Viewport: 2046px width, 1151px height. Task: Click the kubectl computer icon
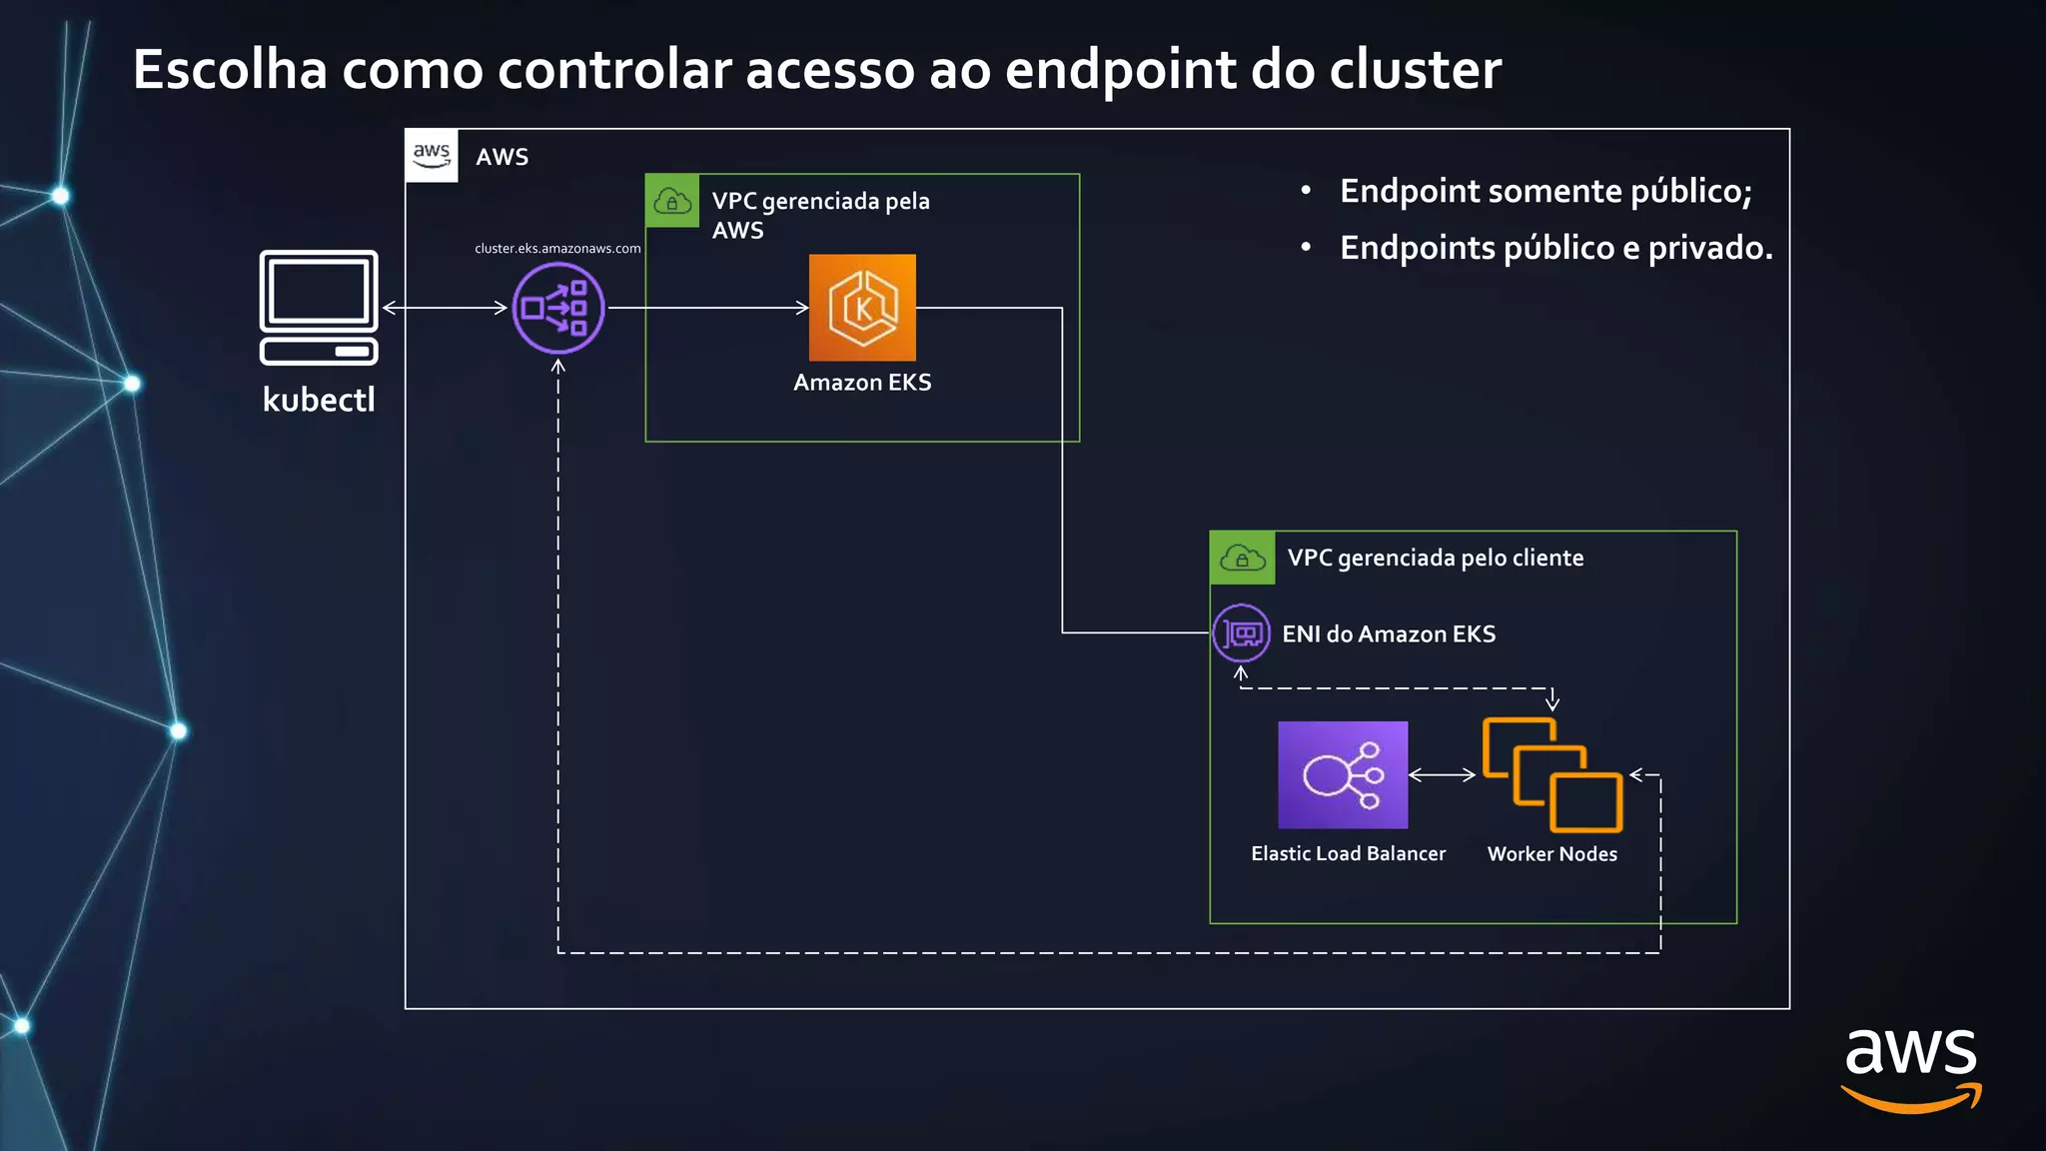pyautogui.click(x=319, y=307)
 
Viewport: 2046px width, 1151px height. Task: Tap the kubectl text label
pyautogui.click(x=319, y=400)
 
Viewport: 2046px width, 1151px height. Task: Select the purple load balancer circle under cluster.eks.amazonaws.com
pyautogui.click(x=558, y=308)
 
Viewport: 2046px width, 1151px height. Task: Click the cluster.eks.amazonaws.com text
pyautogui.click(x=557, y=248)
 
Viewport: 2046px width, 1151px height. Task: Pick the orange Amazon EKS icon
pyautogui.click(x=862, y=308)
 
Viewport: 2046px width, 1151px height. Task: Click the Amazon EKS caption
pyautogui.click(x=862, y=383)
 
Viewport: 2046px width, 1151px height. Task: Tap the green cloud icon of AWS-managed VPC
pyautogui.click(x=672, y=202)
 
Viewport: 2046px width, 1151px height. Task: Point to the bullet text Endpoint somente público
pyautogui.click(x=1545, y=191)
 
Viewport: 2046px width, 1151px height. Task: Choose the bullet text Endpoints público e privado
pyautogui.click(x=1555, y=248)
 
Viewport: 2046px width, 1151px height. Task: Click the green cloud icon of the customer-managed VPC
pyautogui.click(x=1242, y=558)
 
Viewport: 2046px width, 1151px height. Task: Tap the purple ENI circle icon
pyautogui.click(x=1242, y=633)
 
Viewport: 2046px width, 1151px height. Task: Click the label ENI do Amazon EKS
pyautogui.click(x=1389, y=634)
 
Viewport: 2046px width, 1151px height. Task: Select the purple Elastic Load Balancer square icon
pyautogui.click(x=1343, y=774)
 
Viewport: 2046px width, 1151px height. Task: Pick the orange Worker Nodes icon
pyautogui.click(x=1551, y=774)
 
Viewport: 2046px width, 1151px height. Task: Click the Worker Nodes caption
pyautogui.click(x=1551, y=854)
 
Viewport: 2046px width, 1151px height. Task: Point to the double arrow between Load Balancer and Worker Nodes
pyautogui.click(x=1442, y=774)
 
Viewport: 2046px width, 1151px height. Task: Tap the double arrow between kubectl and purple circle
pyautogui.click(x=445, y=308)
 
